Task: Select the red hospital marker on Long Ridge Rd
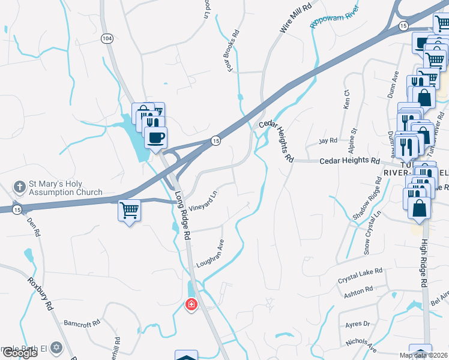[191, 305]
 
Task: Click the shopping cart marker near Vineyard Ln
[130, 211]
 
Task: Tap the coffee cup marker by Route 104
[155, 138]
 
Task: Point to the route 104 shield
[107, 38]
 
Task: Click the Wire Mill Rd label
[296, 18]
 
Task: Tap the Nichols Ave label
[361, 345]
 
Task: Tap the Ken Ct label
[346, 99]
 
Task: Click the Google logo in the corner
[19, 353]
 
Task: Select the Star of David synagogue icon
[56, 347]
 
